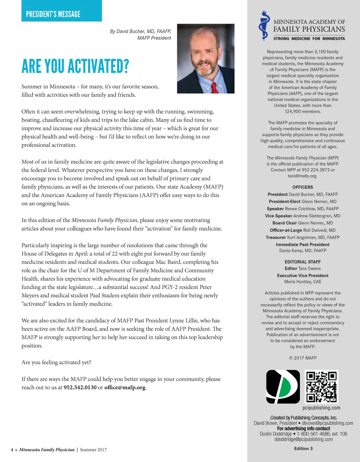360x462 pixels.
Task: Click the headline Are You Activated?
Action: (x=75, y=66)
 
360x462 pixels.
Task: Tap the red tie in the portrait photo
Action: (x=214, y=87)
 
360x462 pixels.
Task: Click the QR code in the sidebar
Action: (x=321, y=386)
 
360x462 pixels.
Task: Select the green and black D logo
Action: (x=283, y=386)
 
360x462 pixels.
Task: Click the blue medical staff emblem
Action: (x=264, y=26)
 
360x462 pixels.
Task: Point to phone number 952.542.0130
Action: (x=80, y=387)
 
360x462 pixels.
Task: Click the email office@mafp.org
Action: (x=125, y=387)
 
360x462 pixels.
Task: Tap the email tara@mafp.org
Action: (x=302, y=176)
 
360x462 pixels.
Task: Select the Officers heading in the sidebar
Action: (x=302, y=187)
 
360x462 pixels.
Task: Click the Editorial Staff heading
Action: (x=302, y=262)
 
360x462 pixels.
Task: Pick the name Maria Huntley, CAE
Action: (x=302, y=282)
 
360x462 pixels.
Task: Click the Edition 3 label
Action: (x=303, y=448)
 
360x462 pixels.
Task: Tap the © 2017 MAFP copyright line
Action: (x=302, y=358)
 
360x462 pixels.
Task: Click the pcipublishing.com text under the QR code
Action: (x=321, y=408)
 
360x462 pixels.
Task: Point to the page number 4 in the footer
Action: (x=12, y=450)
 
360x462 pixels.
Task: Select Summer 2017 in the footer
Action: (x=93, y=450)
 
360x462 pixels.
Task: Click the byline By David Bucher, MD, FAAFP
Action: (x=140, y=31)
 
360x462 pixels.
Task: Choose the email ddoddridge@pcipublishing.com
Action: (x=303, y=439)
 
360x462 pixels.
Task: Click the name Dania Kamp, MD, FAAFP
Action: (x=302, y=251)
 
